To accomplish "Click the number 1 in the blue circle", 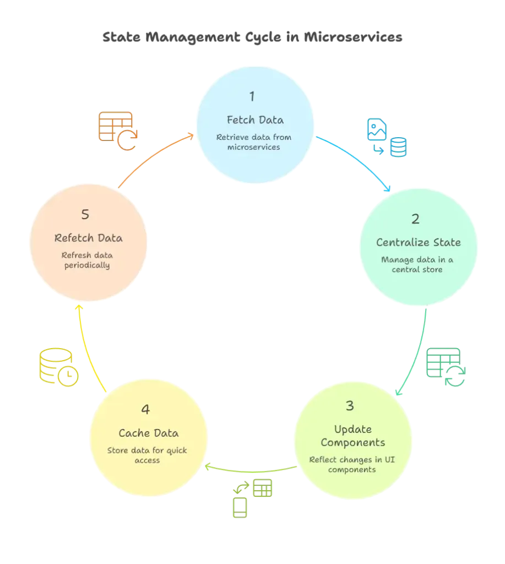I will [252, 97].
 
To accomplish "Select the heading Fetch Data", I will [255, 120].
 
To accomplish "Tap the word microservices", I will [255, 147].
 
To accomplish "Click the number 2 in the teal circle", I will [415, 219].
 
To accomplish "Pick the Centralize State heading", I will [418, 242].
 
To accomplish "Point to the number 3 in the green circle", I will [350, 406].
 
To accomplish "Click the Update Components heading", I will [352, 436].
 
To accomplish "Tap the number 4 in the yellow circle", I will [145, 410].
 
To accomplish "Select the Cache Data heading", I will [148, 433].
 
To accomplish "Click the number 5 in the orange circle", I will [85, 215].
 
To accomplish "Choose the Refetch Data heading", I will [88, 238].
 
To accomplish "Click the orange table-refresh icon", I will [117, 131].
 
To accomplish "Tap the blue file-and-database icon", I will [388, 138].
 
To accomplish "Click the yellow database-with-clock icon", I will [57, 367].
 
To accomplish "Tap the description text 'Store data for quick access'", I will [147, 455].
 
